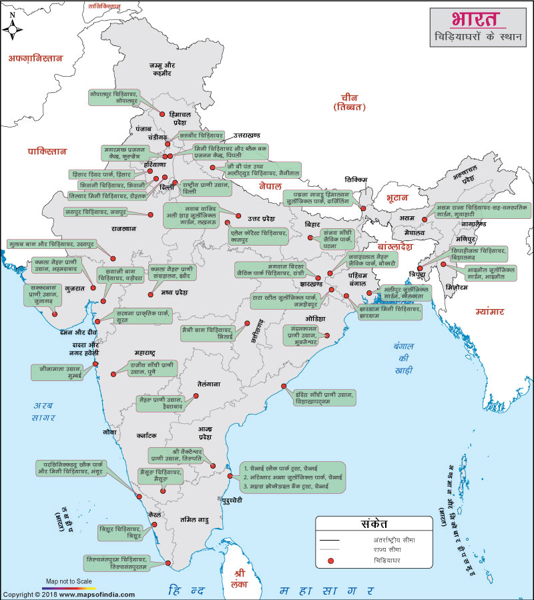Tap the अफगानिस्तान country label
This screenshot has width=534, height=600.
[35, 58]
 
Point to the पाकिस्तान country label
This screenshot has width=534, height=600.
[47, 152]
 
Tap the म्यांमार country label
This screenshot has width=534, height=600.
[490, 311]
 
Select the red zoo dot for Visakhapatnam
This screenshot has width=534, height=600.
[284, 386]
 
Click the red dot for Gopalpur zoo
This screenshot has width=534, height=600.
[161, 113]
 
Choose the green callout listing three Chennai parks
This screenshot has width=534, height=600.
[292, 477]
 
